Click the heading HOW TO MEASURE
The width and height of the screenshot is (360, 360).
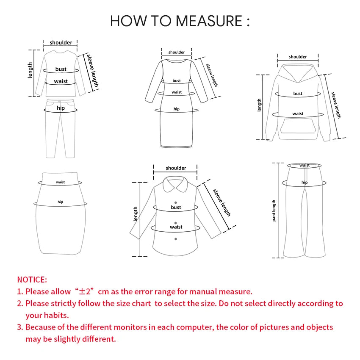(x=180, y=21)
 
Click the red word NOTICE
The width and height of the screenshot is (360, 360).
(x=32, y=280)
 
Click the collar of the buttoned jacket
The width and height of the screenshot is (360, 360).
(x=176, y=185)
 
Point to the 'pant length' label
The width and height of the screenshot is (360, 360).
(x=274, y=210)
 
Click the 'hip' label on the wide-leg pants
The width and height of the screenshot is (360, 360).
(x=305, y=183)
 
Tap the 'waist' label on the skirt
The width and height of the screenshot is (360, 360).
(x=61, y=182)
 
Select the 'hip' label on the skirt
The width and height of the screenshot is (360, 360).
(x=61, y=202)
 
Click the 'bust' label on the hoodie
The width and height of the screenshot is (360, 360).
(x=298, y=94)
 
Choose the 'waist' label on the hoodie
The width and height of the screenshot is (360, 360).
(x=298, y=114)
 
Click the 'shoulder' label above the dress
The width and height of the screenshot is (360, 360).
(x=177, y=53)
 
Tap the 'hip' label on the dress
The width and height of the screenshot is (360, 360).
(x=177, y=109)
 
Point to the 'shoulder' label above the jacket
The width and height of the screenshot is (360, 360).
(x=176, y=168)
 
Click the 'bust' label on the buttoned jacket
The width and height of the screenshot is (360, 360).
(x=176, y=207)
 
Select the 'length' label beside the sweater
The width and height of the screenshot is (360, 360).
(x=30, y=70)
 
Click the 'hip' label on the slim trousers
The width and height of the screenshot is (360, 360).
(x=61, y=108)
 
